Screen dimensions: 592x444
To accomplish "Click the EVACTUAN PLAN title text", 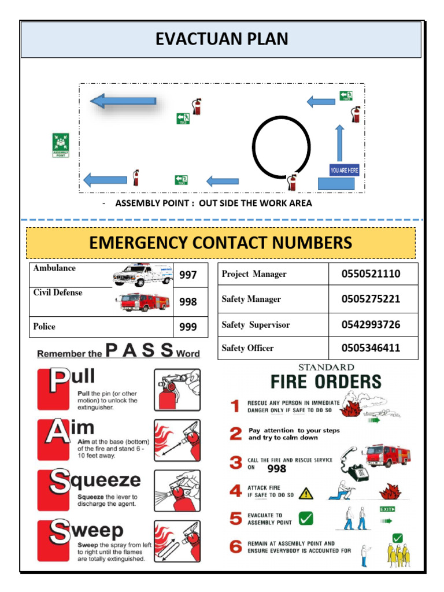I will coord(221,39).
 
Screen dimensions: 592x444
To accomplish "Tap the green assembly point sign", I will coord(60,145).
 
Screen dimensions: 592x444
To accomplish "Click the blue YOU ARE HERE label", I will coord(344,170).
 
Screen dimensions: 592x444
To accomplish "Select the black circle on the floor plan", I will coord(282,147).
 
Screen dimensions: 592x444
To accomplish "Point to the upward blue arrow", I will coord(339,142).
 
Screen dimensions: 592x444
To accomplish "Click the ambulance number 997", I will coord(188,276).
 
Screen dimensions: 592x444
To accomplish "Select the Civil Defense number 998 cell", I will coord(188,302).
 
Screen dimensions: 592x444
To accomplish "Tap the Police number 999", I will coord(188,327).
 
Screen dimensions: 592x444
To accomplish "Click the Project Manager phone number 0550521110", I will coord(371,274).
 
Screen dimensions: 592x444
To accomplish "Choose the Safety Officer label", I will coord(247,348).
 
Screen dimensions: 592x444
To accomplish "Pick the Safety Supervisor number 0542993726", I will coord(371,325).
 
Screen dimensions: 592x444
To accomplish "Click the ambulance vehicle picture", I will coord(142,275).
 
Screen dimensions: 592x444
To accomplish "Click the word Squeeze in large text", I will coord(96,480).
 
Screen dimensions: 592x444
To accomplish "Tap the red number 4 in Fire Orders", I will coord(235,491).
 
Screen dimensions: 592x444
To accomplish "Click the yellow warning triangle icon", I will coord(306,494).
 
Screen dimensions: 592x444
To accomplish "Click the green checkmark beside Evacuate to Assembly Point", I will coord(305,519).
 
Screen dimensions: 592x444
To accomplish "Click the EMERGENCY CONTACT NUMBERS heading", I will coord(221,243).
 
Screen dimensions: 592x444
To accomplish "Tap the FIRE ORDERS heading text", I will coord(326,382).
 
